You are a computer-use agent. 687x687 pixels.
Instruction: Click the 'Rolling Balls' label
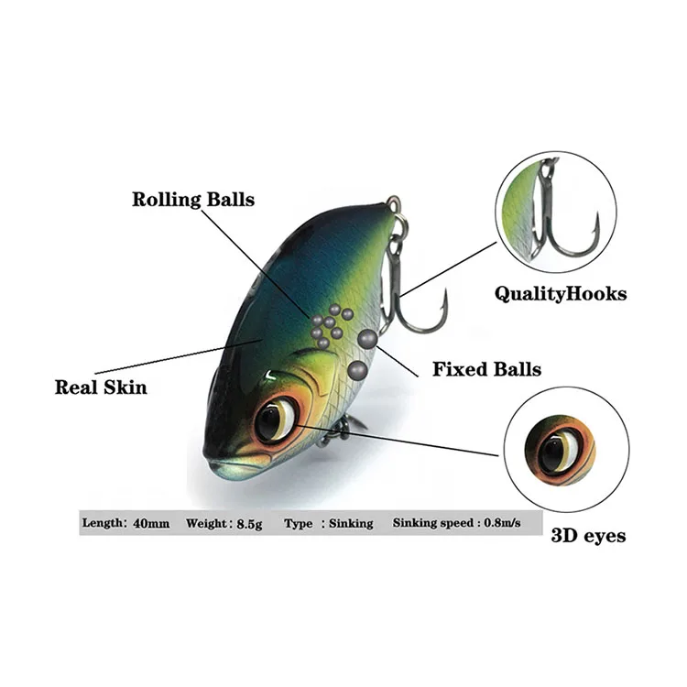(193, 199)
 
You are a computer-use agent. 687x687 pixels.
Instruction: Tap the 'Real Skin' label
(101, 387)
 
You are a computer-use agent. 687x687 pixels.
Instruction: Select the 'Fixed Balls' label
(486, 370)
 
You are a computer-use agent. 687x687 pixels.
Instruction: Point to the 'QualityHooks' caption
(561, 294)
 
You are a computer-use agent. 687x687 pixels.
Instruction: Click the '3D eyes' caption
(589, 536)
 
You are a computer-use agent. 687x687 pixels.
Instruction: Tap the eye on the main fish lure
(276, 420)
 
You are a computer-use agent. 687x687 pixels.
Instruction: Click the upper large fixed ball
(366, 338)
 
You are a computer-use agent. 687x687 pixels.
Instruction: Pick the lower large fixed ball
(357, 370)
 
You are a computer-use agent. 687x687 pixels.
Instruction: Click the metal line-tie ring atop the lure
(394, 205)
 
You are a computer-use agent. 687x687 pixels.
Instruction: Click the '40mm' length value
(150, 523)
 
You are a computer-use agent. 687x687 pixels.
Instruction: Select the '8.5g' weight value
(246, 523)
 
